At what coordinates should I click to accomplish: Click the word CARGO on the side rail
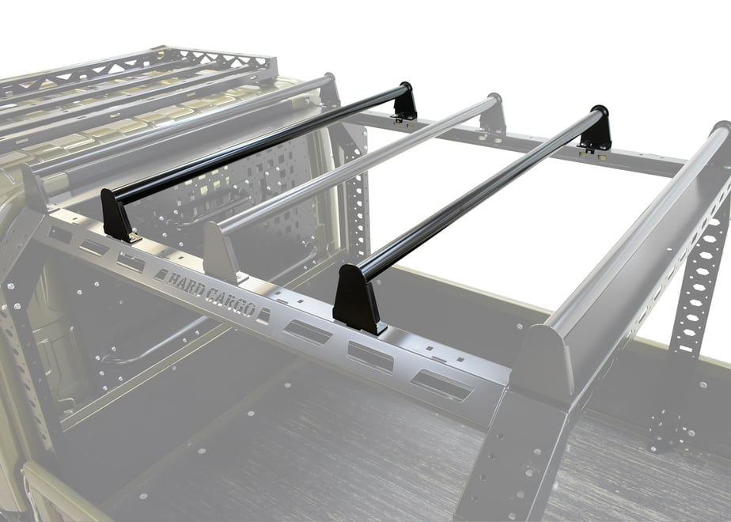[230, 303]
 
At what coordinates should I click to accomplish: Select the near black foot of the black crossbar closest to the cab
[118, 215]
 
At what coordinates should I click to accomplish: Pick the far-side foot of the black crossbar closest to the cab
[403, 104]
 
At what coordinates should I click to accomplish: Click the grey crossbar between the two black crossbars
[354, 168]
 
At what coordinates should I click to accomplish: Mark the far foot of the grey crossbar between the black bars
[493, 115]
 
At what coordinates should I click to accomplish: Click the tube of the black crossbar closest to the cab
[256, 146]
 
